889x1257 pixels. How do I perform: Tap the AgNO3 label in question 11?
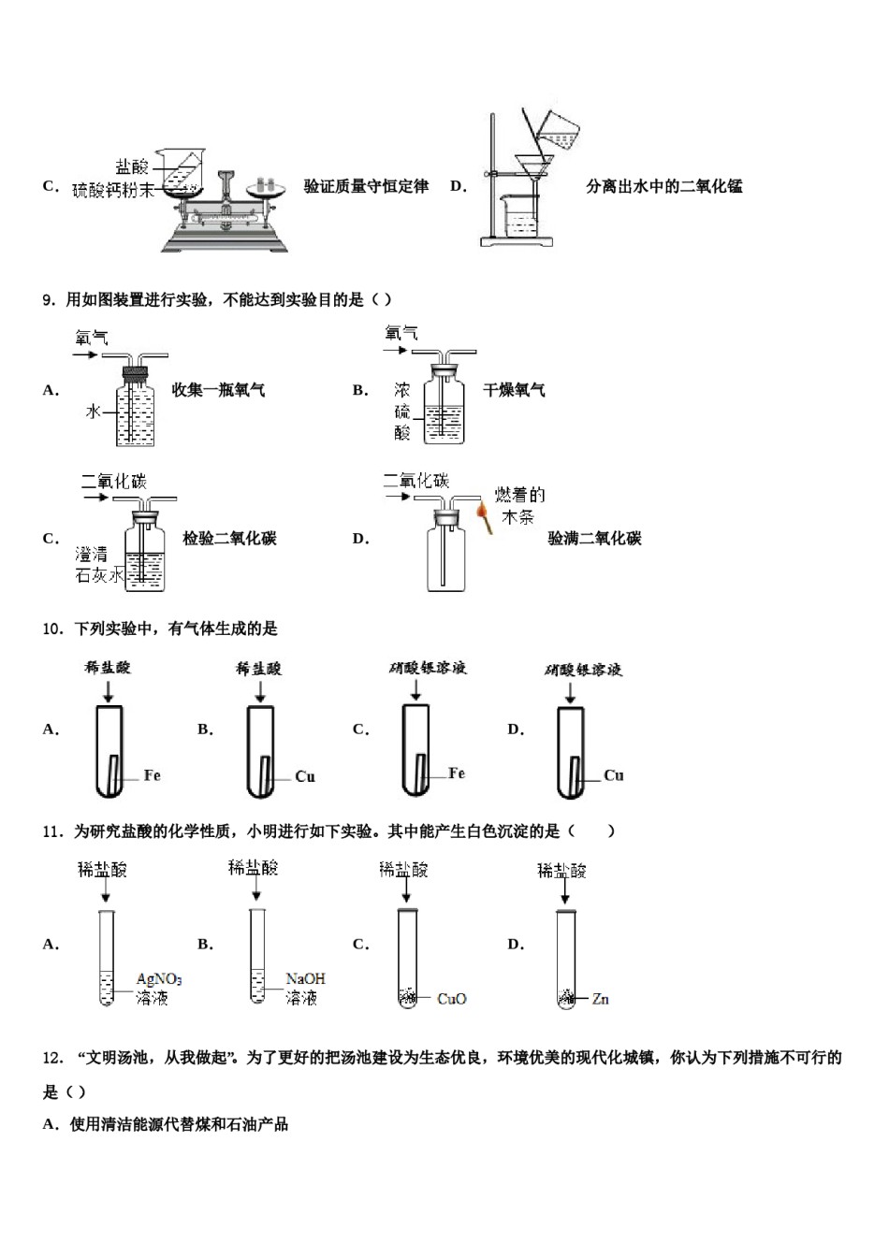159,979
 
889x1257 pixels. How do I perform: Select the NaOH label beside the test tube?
305,979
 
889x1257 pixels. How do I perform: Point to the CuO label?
451,999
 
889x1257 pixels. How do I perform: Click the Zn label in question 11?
600,999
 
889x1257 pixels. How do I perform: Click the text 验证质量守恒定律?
366,186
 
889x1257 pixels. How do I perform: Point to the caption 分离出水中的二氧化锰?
663,186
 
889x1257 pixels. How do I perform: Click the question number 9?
50,300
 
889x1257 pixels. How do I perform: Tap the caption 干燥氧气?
514,390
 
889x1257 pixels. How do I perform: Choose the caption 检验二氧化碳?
229,539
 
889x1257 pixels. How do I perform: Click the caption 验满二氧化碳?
594,539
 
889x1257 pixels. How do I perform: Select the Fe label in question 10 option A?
152,775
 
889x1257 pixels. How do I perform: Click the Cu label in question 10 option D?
613,775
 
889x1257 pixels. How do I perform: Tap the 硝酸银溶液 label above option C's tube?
428,668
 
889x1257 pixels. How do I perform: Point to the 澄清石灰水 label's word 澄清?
91,555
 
